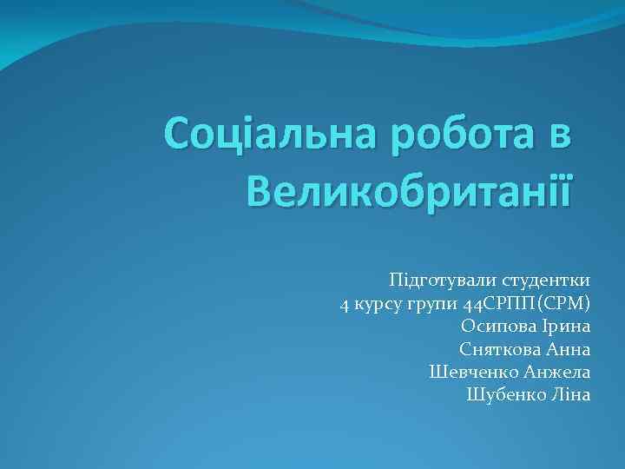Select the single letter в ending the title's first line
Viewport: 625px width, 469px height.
(x=560, y=136)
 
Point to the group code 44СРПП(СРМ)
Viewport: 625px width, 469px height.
(x=527, y=304)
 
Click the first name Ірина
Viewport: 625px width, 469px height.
(x=569, y=327)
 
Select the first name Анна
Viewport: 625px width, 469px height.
(x=569, y=349)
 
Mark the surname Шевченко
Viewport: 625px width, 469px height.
(x=475, y=372)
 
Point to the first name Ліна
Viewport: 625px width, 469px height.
(x=570, y=394)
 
